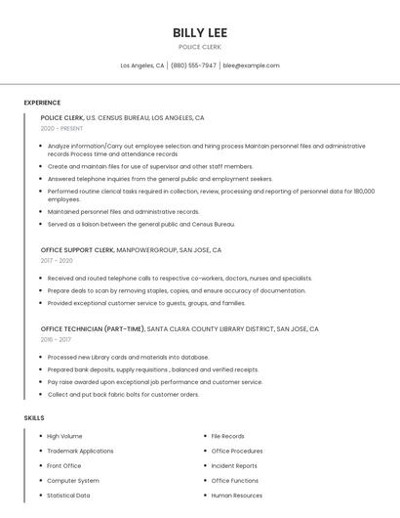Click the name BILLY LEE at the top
tap(200, 32)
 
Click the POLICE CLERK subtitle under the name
tap(200, 47)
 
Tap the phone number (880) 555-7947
tap(193, 65)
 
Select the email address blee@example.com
tap(251, 65)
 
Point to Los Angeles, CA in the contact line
tap(142, 65)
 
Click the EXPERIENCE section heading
tap(42, 103)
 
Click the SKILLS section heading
tap(34, 417)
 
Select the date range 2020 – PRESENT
tap(61, 128)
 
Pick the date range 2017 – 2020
tap(57, 260)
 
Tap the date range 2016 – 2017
tap(57, 339)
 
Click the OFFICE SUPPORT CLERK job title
tap(77, 249)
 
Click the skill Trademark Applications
tap(80, 451)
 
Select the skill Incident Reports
tap(234, 465)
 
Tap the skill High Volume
tap(64, 436)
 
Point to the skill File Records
tap(227, 436)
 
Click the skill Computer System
tap(72, 480)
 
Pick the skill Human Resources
tap(236, 495)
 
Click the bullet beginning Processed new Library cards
tap(128, 357)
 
